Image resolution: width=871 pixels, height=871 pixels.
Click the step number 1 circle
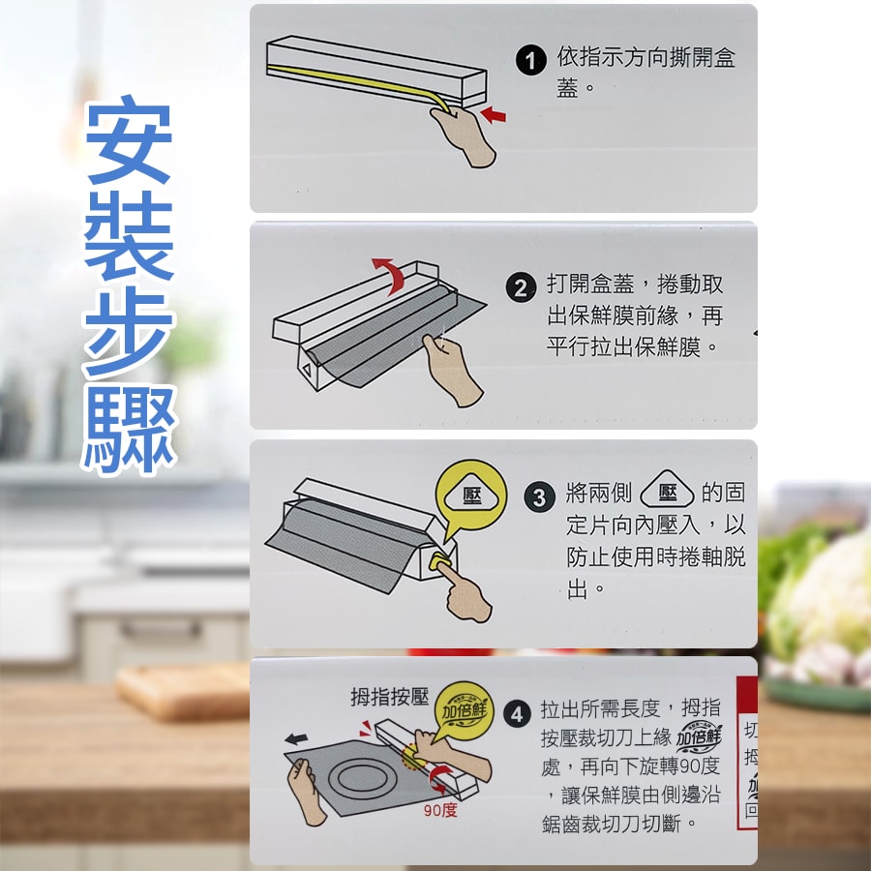coord(530,61)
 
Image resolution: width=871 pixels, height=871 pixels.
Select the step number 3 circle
coord(539,497)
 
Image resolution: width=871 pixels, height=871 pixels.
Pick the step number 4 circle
coord(518,714)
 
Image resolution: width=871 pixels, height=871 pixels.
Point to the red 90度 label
coord(440,809)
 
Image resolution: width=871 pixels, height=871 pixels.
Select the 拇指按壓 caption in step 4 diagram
coord(389,697)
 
